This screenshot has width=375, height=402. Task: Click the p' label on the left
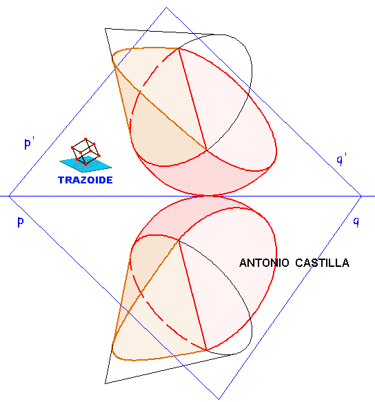29,143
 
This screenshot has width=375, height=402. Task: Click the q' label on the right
342,159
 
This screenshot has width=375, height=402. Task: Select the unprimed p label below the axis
21,221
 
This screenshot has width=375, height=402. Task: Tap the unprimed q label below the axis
356,221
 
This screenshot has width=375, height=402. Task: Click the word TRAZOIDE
85,180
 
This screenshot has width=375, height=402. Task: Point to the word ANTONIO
264,263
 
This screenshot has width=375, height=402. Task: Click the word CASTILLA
322,263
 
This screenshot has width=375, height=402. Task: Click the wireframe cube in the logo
85,151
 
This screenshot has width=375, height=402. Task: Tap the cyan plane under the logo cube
85,164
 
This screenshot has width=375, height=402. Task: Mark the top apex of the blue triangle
167,8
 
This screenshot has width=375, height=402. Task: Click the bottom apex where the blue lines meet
219,399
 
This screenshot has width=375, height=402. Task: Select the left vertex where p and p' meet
9,196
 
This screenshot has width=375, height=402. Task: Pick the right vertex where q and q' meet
361,196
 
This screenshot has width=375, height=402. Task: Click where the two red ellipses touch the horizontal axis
207,196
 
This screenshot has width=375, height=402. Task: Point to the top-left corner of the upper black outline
105,29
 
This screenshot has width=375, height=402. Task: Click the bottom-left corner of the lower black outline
105,383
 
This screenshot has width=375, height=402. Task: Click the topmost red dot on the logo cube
85,139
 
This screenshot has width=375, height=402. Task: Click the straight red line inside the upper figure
192,99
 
